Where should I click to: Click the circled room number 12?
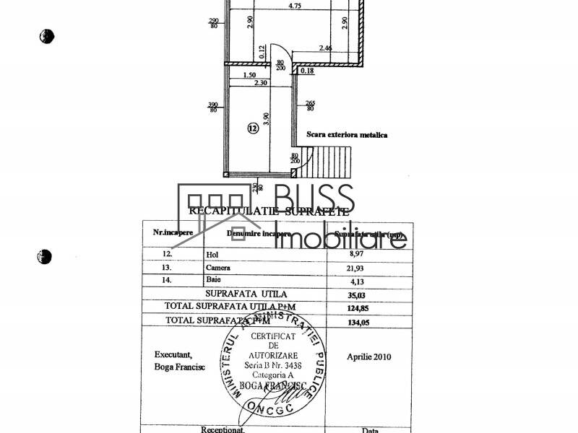[252, 129]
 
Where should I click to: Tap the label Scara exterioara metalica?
[347, 135]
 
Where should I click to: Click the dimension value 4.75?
[295, 6]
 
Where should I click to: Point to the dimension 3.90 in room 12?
[266, 119]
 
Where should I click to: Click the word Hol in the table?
[212, 255]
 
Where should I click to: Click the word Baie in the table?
[214, 279]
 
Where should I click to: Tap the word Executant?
[174, 354]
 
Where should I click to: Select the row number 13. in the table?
[169, 268]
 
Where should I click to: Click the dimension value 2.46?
[329, 49]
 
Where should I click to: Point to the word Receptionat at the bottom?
[223, 429]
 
